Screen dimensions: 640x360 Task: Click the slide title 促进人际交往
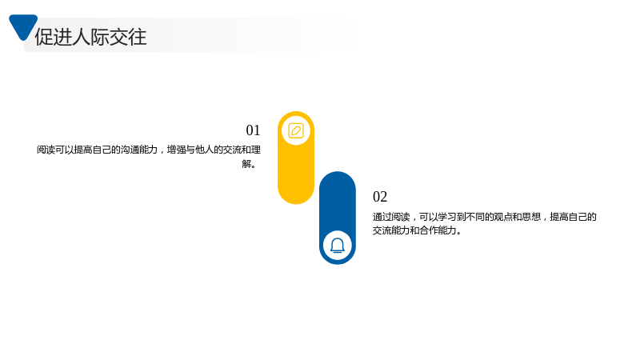tap(90, 37)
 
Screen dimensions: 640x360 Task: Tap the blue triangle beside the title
tap(23, 26)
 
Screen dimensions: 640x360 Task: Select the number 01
tap(253, 130)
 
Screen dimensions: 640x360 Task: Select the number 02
tap(380, 197)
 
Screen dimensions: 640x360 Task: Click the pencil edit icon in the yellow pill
tap(296, 130)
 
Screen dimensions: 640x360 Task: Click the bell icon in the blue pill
tap(338, 246)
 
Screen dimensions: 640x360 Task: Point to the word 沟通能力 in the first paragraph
tap(138, 150)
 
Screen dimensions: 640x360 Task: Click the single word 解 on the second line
tap(246, 164)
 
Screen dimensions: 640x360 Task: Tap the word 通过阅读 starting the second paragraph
tap(391, 217)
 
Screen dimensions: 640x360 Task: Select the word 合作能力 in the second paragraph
tap(438, 230)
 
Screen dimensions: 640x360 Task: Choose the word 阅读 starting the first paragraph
tap(46, 150)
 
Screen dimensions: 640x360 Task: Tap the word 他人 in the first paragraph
tap(205, 150)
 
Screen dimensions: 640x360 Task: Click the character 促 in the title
tap(44, 37)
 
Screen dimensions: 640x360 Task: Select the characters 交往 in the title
tap(128, 37)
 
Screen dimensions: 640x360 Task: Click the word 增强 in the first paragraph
tap(176, 150)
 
